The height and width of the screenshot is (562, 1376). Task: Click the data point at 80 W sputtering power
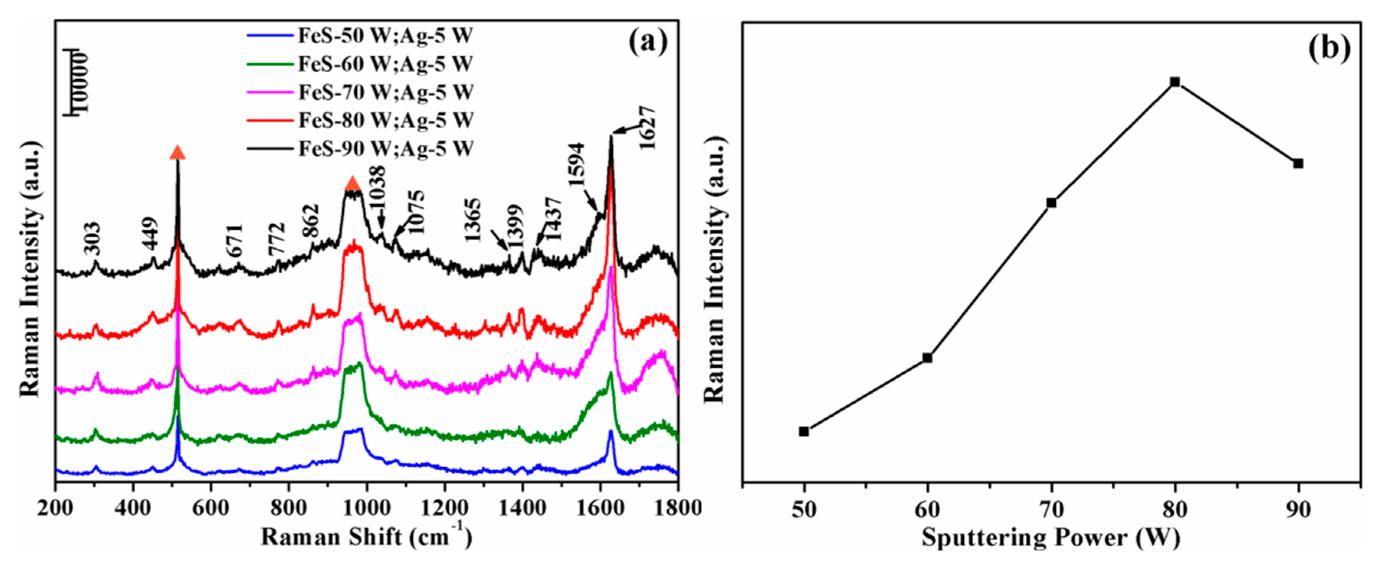point(1174,82)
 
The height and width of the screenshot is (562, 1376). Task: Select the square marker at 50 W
point(804,431)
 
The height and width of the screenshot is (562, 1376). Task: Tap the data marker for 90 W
point(1298,163)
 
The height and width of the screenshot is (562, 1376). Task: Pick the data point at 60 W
point(927,357)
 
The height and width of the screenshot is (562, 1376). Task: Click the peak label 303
point(92,239)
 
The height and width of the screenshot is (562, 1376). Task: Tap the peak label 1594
point(577,164)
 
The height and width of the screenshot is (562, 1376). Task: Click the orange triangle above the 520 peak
point(177,153)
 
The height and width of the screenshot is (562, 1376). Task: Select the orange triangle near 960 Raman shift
point(353,184)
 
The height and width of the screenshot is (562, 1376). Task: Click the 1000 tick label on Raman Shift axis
point(366,508)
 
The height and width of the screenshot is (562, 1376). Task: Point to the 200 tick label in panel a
point(56,508)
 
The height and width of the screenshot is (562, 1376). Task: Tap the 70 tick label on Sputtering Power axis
point(1051,509)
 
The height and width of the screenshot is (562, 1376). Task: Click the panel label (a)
point(648,43)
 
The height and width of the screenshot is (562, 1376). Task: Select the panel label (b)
point(1329,48)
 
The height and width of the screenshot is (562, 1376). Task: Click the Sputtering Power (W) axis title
point(1050,537)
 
